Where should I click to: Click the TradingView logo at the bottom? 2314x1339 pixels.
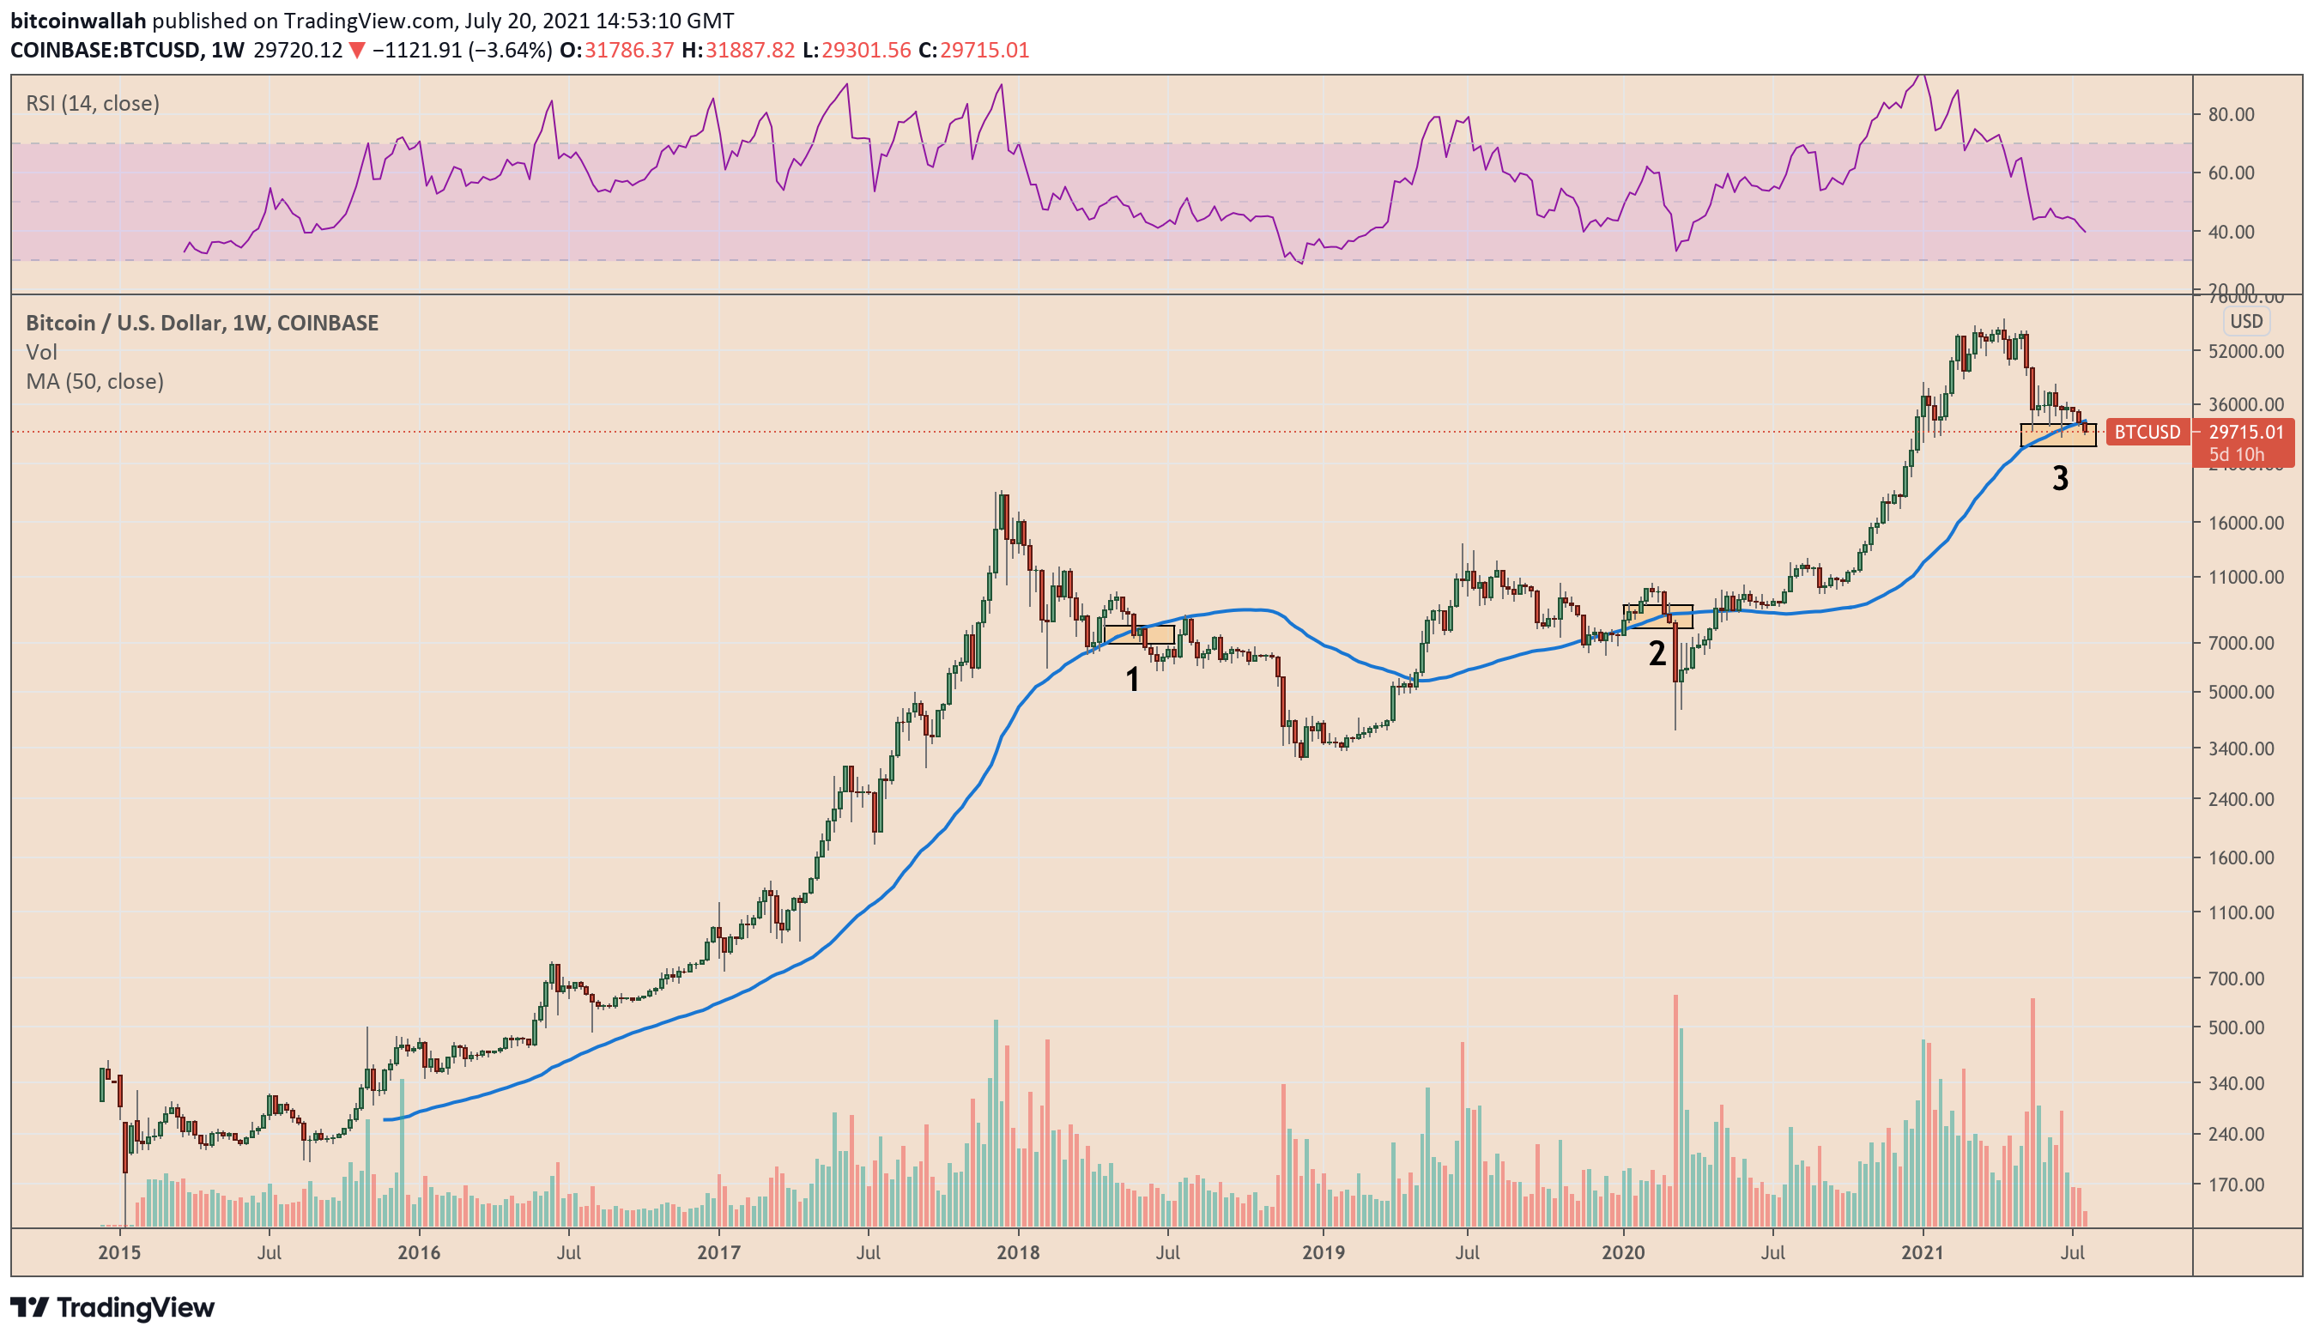point(112,1307)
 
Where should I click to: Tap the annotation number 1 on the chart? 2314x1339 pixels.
point(1132,680)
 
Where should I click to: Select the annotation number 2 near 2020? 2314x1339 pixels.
point(1657,653)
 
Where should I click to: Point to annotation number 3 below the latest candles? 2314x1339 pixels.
point(2061,477)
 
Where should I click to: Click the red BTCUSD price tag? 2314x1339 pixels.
point(2147,432)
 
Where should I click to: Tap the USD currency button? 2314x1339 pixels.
point(2246,321)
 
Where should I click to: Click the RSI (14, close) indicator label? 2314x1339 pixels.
point(93,103)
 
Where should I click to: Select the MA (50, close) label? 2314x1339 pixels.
point(94,381)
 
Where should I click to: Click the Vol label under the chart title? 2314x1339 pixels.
point(41,352)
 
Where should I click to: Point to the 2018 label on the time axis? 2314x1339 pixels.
point(1018,1252)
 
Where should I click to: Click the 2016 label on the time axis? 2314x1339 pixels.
point(419,1252)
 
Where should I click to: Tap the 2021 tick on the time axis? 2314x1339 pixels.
point(1922,1252)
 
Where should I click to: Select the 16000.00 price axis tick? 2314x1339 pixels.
point(2246,523)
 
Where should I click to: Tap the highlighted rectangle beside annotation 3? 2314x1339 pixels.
point(2058,436)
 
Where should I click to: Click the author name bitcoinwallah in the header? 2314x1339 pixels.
point(78,21)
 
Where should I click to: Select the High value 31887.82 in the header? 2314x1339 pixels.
point(749,50)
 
